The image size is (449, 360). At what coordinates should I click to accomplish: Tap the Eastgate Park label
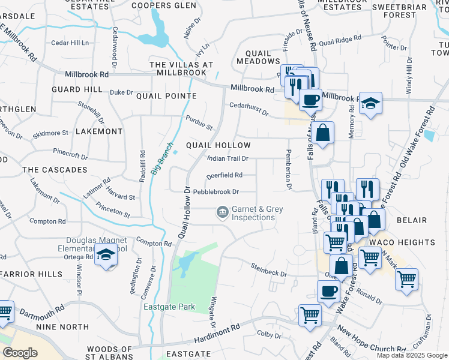point(169,307)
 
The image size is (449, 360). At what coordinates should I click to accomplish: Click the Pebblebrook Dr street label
point(216,192)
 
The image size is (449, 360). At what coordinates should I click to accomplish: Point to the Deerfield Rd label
point(224,175)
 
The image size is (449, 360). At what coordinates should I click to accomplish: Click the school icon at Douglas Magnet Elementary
point(106,256)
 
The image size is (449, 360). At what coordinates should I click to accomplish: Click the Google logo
point(20,353)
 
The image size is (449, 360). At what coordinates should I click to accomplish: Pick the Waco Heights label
point(411,242)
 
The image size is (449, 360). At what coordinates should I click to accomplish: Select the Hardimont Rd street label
point(218,331)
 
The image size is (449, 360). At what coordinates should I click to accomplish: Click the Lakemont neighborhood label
point(99,131)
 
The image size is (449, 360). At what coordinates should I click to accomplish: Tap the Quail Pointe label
point(166,96)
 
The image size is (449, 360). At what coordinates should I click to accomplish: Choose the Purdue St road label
point(199,123)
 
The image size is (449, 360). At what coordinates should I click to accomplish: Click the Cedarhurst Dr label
point(249,106)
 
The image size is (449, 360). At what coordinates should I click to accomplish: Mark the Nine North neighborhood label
point(62,327)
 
